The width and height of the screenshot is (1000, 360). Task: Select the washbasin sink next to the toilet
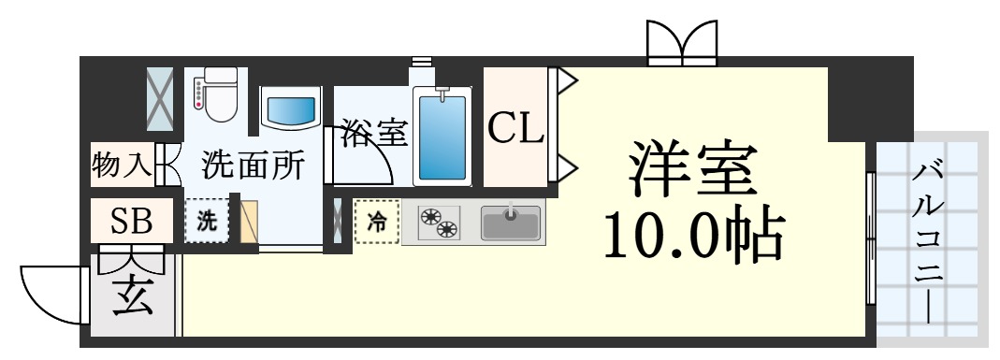pos(289,111)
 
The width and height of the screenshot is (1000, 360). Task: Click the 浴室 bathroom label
pos(373,133)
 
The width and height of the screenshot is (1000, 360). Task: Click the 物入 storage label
pos(122,165)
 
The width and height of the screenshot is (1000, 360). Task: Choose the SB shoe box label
pos(131,221)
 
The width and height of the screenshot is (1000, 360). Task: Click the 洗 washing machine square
pos(206,222)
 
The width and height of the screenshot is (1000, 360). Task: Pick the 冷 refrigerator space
pos(376,223)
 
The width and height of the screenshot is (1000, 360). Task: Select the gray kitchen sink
pos(511,223)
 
